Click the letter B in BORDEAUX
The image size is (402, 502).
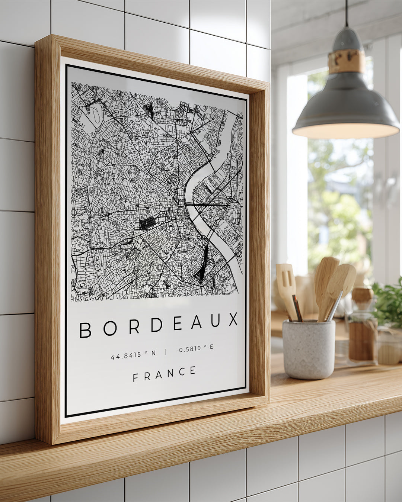85,330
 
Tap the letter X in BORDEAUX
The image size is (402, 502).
233,319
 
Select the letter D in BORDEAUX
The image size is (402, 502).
156,325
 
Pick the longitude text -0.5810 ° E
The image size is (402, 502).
195,348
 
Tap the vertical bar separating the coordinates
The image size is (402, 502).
166,351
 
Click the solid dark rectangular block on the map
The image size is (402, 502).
148,223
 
